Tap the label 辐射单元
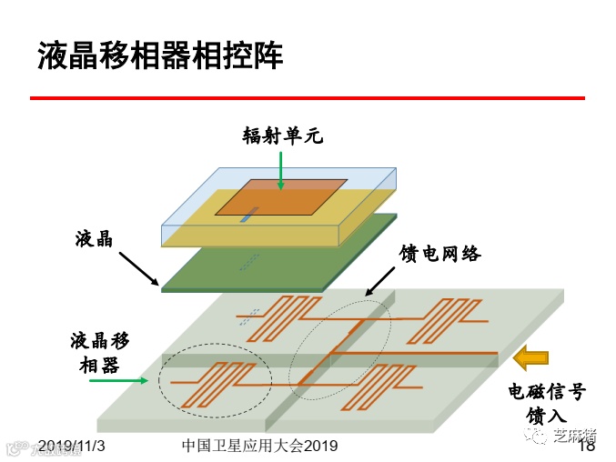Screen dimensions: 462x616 coord(282,136)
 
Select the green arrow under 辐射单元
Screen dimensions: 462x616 coord(282,171)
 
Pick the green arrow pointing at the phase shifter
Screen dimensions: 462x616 coord(118,381)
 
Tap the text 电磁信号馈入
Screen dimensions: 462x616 coord(546,403)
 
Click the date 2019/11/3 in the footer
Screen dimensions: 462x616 coord(73,446)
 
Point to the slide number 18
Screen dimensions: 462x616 coord(587,446)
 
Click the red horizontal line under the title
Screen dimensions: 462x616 coord(307,97)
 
